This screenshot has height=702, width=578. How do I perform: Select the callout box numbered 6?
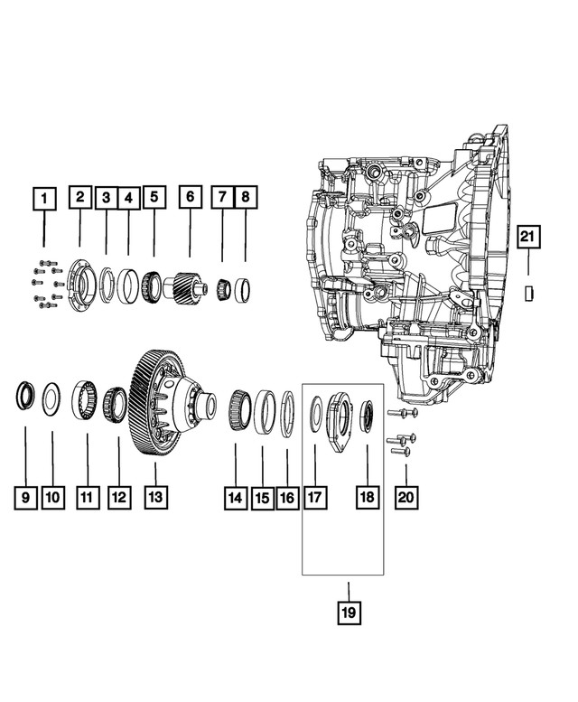(190, 198)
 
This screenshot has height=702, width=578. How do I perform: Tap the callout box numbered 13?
(155, 496)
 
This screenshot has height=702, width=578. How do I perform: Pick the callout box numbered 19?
(349, 613)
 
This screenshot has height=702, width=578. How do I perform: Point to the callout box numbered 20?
(406, 496)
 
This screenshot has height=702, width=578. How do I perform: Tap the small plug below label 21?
(530, 291)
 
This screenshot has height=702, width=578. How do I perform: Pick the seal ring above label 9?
(25, 396)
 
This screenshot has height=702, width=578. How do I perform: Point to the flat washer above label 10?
(52, 397)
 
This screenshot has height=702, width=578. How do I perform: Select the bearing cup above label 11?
(86, 398)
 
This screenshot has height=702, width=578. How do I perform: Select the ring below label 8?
(242, 291)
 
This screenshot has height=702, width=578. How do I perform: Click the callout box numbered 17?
(315, 496)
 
